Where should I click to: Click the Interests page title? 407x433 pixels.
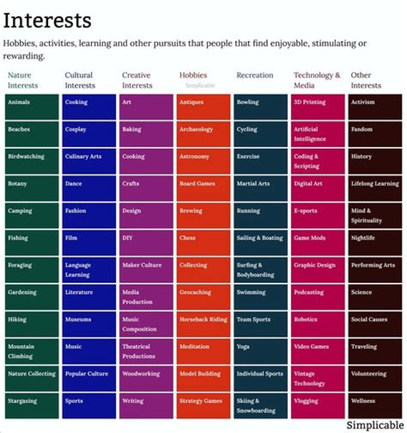(x=47, y=20)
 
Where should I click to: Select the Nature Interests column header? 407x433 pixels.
(x=23, y=80)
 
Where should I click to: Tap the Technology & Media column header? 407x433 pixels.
(x=317, y=80)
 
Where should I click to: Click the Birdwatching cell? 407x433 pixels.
(x=32, y=161)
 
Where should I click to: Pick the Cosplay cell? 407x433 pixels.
(x=89, y=134)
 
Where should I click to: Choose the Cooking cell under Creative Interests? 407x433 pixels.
(x=146, y=161)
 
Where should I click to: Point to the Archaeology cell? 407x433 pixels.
(x=203, y=134)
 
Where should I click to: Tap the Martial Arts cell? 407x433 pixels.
(x=260, y=188)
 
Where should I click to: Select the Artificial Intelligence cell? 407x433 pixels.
(x=317, y=134)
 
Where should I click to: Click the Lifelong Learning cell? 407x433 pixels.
(x=375, y=188)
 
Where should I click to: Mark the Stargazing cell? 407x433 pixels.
(x=32, y=405)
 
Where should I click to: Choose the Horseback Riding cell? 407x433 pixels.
(x=203, y=324)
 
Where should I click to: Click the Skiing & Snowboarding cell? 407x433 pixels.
(x=260, y=405)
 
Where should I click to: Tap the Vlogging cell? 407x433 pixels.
(x=317, y=405)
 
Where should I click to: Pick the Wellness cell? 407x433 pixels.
(x=375, y=405)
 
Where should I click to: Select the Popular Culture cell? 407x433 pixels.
(x=89, y=378)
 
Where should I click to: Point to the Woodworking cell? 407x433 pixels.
(x=146, y=378)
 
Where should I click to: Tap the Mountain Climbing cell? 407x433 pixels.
(x=32, y=351)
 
